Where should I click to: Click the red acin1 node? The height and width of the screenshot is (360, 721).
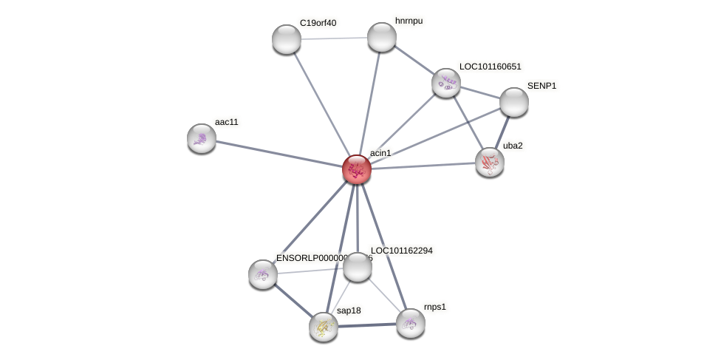(x=357, y=169)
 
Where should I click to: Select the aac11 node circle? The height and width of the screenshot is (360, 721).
(x=202, y=138)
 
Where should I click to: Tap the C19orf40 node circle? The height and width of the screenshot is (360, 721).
(x=287, y=39)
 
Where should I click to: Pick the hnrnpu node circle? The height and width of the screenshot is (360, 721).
(x=382, y=37)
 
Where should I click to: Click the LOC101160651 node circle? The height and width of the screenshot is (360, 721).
(x=446, y=83)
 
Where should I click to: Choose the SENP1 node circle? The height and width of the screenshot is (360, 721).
(x=514, y=102)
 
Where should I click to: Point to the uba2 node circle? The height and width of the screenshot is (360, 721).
(x=490, y=162)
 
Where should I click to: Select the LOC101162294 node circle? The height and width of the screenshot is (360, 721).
(x=358, y=267)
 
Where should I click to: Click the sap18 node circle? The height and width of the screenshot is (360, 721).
(x=324, y=327)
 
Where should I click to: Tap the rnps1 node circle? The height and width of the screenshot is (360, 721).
(x=411, y=323)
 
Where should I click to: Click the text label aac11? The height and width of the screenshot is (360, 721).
(x=227, y=122)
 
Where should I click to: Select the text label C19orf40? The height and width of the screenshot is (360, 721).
(x=318, y=23)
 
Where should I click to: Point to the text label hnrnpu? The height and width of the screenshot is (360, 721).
(x=409, y=21)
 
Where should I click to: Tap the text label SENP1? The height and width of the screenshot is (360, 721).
(x=541, y=86)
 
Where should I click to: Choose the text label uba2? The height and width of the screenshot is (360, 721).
(x=513, y=146)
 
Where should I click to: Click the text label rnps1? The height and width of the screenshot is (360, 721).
(x=434, y=307)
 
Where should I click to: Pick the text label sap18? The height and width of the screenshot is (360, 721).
(x=349, y=310)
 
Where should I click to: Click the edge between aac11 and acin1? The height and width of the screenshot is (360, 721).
(x=279, y=154)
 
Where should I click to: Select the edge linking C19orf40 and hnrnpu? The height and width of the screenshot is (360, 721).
(x=334, y=38)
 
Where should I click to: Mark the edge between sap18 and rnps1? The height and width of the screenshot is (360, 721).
(x=367, y=325)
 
